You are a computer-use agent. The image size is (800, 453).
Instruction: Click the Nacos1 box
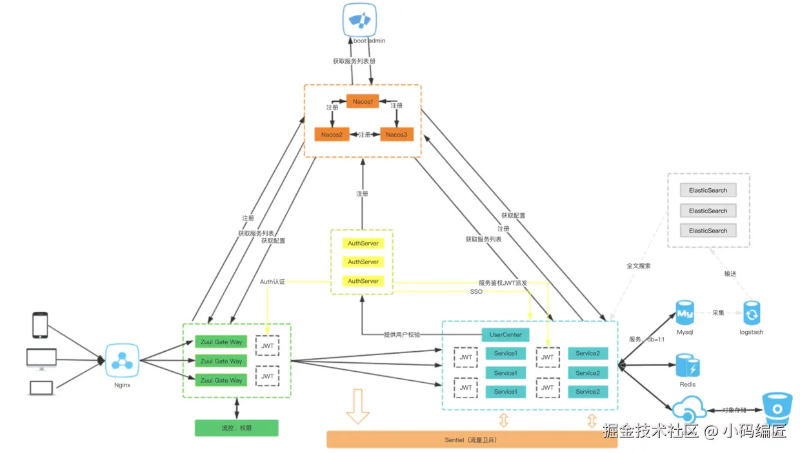[363, 102]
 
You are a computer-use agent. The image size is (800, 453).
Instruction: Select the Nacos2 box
[332, 134]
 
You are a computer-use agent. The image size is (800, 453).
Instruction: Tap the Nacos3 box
[397, 134]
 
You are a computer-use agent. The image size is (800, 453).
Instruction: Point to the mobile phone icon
[40, 325]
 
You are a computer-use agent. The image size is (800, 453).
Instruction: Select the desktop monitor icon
[41, 359]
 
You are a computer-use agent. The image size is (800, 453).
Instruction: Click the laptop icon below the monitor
[41, 388]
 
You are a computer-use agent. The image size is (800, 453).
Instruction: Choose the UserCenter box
[505, 335]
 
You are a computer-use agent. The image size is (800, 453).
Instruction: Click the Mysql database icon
[685, 314]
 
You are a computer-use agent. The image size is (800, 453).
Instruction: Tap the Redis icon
[688, 366]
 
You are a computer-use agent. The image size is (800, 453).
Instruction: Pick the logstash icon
[751, 314]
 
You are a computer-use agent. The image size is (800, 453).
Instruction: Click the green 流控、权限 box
[236, 428]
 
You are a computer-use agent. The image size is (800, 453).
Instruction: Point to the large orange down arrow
[357, 406]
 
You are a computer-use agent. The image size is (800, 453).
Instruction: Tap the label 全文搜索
[639, 265]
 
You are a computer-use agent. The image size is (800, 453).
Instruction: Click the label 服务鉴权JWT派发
[503, 283]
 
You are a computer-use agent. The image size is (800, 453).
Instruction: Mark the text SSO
[476, 292]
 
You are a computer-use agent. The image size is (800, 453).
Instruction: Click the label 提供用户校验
[402, 335]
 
